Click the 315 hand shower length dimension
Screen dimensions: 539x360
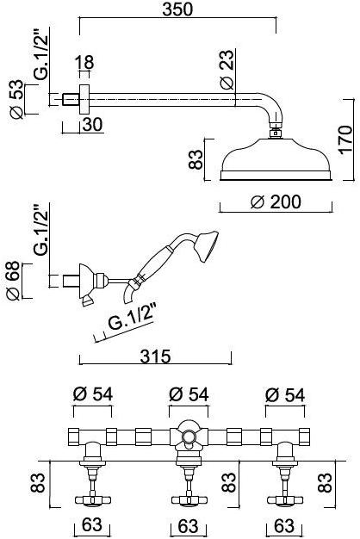point(156,355)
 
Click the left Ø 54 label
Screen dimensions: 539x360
point(92,395)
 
